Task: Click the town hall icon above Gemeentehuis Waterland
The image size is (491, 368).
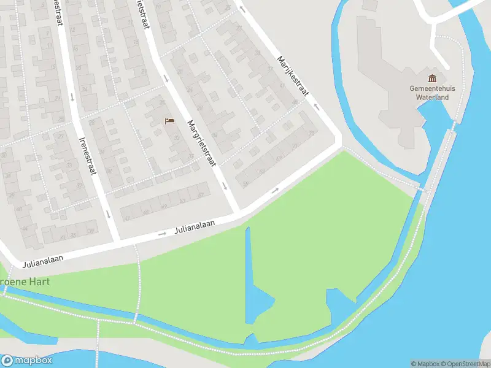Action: pyautogui.click(x=432, y=79)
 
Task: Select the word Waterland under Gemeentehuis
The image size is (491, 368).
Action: pyautogui.click(x=432, y=97)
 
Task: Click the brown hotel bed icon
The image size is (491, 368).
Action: pyautogui.click(x=169, y=121)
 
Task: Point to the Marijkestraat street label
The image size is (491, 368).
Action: pyautogui.click(x=292, y=76)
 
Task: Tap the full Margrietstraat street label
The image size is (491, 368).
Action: pyautogui.click(x=203, y=142)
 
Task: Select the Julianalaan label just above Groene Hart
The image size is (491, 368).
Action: pyautogui.click(x=44, y=262)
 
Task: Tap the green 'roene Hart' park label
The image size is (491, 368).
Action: pyautogui.click(x=25, y=282)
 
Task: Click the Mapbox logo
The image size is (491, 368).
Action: pyautogui.click(x=27, y=361)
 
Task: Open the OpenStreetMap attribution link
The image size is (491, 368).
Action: pyautogui.click(x=465, y=364)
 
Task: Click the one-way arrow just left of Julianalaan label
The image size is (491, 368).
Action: pyautogui.click(x=163, y=233)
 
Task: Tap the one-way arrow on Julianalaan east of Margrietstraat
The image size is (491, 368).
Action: pyautogui.click(x=274, y=190)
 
